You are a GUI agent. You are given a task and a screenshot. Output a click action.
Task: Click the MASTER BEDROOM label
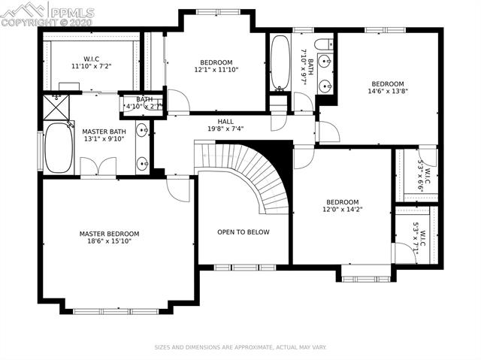point(109,234)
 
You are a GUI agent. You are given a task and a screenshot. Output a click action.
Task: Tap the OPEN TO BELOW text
point(244,232)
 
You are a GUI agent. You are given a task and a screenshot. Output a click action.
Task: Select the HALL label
point(225,122)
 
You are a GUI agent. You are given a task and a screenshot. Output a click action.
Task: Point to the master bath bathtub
point(59,147)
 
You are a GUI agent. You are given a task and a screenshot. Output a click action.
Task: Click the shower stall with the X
point(56,107)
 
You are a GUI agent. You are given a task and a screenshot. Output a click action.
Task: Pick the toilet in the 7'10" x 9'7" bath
point(324,44)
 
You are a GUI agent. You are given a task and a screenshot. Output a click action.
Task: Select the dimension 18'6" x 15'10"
point(109,241)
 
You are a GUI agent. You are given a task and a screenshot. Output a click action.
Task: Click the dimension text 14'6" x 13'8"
point(388,91)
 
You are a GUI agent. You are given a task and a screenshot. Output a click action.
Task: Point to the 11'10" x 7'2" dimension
point(91,66)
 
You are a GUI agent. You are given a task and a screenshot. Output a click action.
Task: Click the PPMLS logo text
point(72,13)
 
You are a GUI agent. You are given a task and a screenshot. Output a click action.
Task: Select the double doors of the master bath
point(98,166)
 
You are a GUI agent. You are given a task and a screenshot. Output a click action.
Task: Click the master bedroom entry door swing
point(178,190)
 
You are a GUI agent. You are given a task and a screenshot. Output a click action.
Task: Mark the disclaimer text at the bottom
point(240,347)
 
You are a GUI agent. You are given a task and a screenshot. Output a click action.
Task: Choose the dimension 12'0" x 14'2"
point(343,210)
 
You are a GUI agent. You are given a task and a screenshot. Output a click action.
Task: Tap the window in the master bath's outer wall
point(40,150)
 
